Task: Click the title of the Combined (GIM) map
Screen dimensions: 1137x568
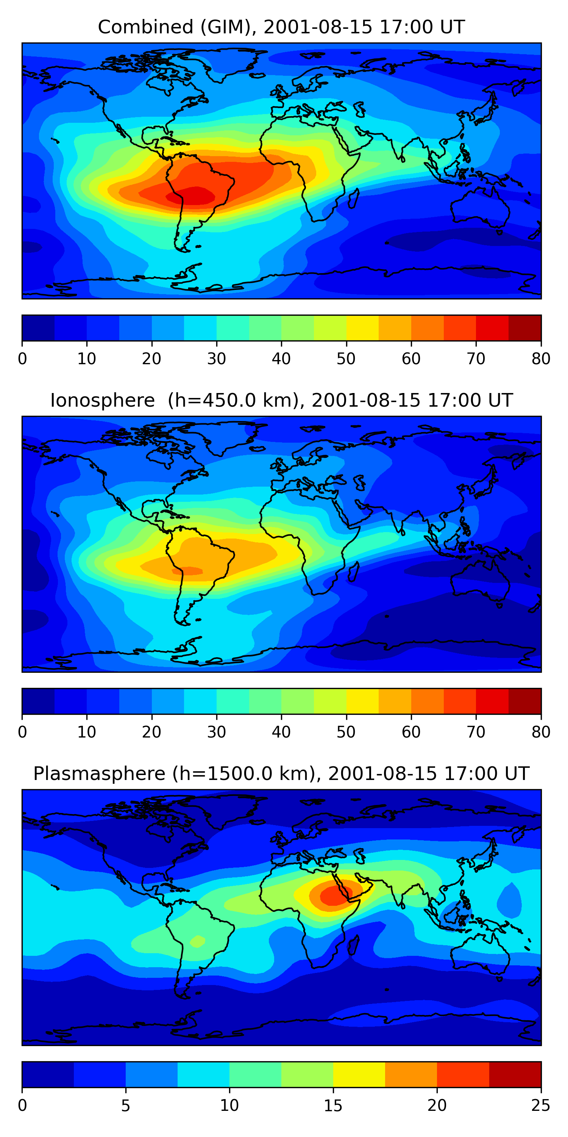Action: pos(281,27)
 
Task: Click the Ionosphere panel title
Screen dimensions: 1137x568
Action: pos(281,400)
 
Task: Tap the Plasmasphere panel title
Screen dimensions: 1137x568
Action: pos(281,774)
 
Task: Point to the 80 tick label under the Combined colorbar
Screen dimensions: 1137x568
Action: pos(541,359)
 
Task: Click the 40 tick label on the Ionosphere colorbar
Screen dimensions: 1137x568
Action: pos(281,732)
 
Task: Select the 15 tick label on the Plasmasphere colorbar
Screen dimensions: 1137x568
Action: pos(333,1106)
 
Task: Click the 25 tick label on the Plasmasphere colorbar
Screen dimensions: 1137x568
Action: pos(541,1106)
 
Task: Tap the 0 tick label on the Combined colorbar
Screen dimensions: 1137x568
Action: pos(22,359)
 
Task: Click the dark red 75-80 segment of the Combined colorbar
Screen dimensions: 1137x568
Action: pos(525,328)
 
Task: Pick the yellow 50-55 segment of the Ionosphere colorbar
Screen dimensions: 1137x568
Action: pos(362,702)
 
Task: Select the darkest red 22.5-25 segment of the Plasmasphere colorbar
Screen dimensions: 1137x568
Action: pos(515,1075)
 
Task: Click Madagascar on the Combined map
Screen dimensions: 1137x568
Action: pos(353,198)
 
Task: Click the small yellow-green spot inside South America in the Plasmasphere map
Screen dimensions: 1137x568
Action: pos(197,941)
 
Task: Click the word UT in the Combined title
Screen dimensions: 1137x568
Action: pos(452,27)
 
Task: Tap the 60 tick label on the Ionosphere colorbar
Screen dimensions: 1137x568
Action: pos(410,732)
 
